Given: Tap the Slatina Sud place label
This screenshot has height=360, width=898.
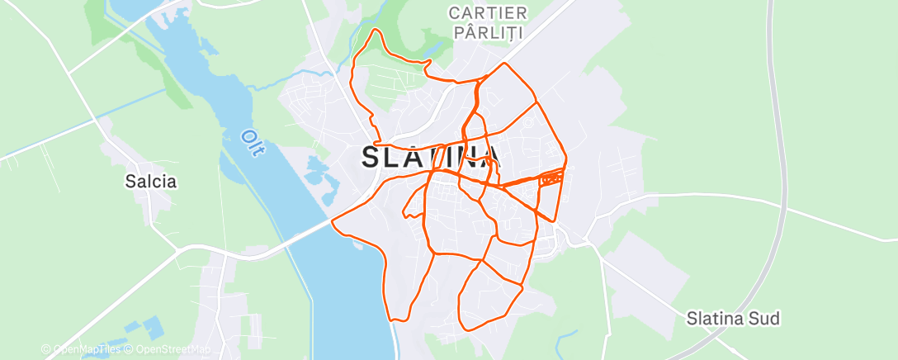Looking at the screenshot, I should [734, 319].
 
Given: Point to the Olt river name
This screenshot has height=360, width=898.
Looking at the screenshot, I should [249, 142].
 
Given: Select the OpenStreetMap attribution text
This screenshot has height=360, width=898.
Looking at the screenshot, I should [174, 349].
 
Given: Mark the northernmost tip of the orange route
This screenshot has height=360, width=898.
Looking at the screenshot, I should [376, 30].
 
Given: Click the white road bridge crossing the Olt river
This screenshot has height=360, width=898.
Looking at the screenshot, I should [310, 230].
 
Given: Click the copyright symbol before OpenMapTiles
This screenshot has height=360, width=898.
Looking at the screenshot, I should [46, 349].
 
